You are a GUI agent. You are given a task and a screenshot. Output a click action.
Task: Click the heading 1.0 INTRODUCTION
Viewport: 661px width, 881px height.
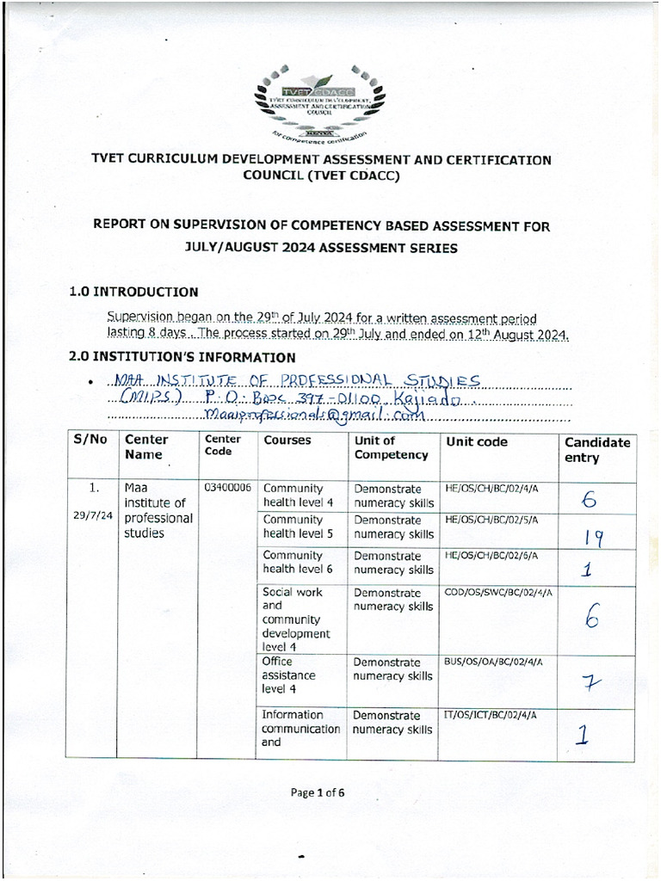pyautogui.click(x=133, y=293)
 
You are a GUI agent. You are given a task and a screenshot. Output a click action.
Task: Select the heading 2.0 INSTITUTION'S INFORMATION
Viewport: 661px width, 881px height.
pyautogui.click(x=182, y=357)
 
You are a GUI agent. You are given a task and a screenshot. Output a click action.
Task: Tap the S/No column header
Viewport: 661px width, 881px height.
pyautogui.click(x=90, y=440)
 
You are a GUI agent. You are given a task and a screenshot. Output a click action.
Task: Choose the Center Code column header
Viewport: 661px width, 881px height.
pyautogui.click(x=222, y=445)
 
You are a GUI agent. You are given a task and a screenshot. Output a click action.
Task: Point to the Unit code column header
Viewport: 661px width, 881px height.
pyautogui.click(x=477, y=442)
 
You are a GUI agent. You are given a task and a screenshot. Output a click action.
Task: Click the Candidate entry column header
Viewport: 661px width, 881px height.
pyautogui.click(x=597, y=450)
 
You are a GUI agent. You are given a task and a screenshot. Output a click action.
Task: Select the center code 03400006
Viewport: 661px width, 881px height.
pyautogui.click(x=227, y=488)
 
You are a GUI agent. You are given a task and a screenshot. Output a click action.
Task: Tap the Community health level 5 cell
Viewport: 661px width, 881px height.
pyautogui.click(x=293, y=527)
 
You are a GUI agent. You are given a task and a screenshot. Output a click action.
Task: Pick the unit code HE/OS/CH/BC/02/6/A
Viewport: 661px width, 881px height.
pyautogui.click(x=491, y=556)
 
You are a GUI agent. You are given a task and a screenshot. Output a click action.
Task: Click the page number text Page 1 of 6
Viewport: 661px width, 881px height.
pyautogui.click(x=318, y=793)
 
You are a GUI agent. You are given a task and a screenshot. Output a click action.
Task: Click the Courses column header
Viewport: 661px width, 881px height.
pyautogui.click(x=287, y=440)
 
